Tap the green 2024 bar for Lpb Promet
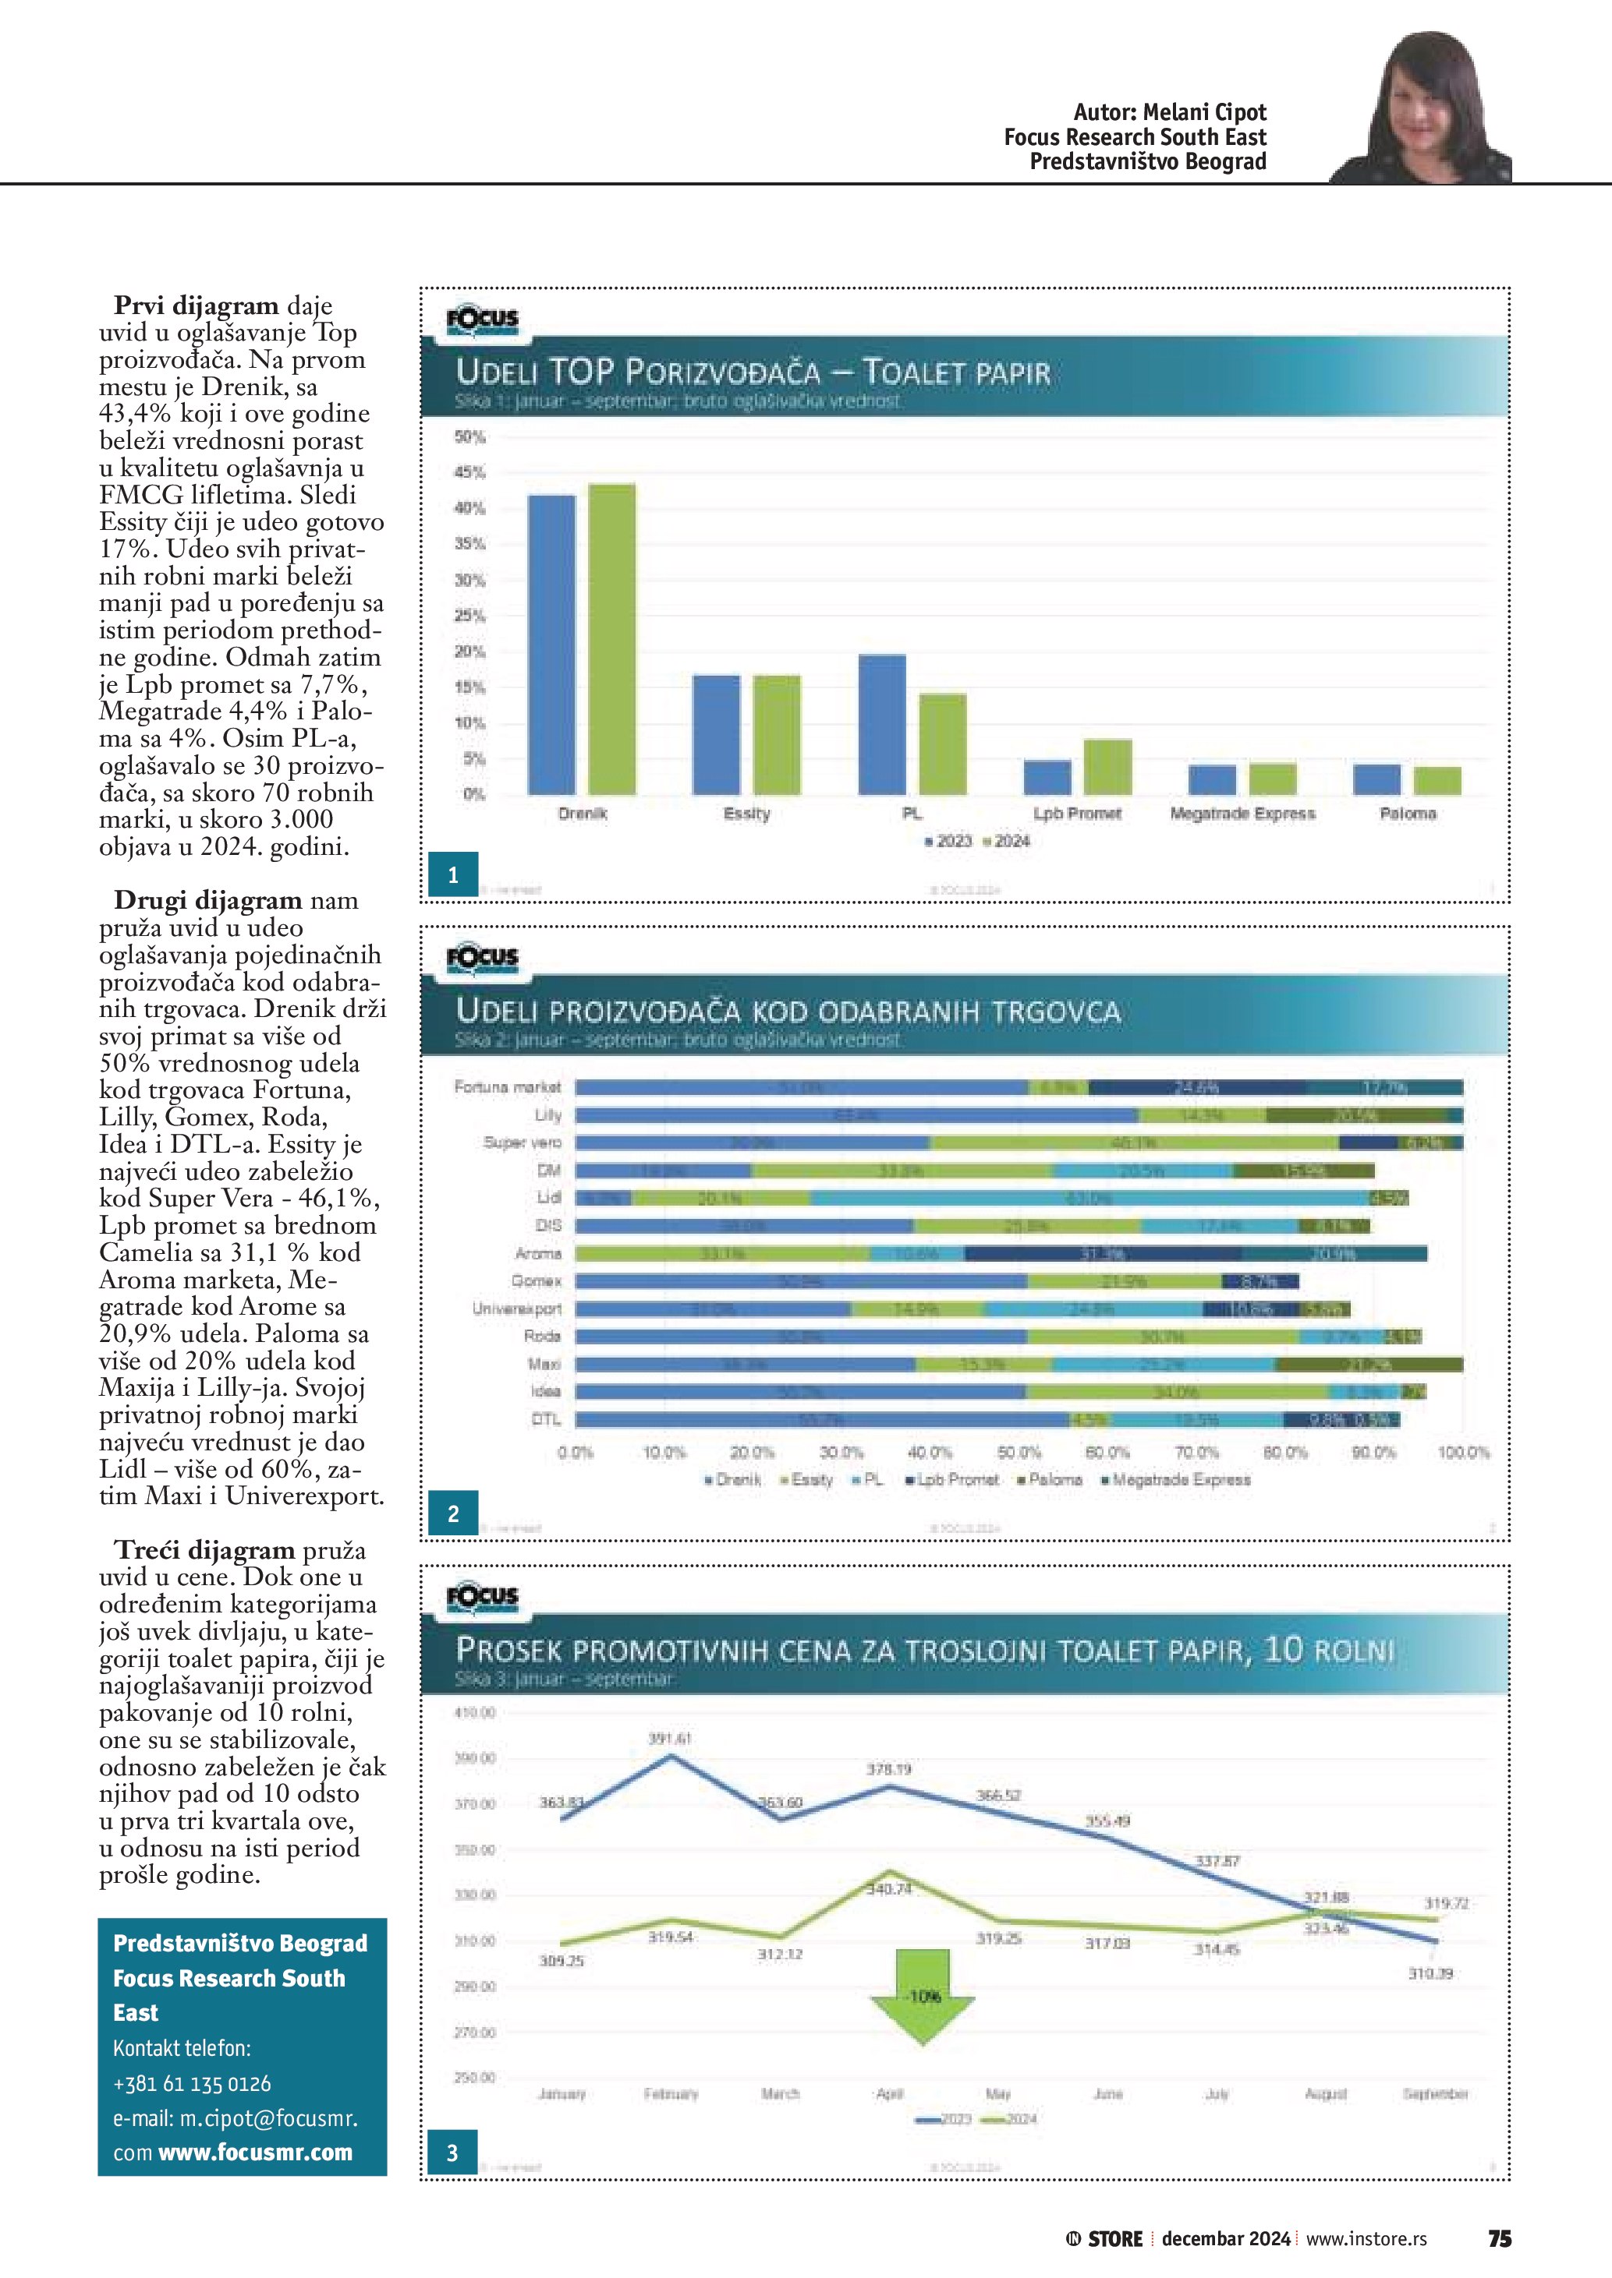click(1107, 767)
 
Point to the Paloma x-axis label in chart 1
click(1407, 814)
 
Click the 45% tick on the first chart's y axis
click(469, 472)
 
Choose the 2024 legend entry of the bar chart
click(1007, 842)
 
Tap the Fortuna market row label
click(507, 1087)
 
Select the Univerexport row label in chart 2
click(516, 1309)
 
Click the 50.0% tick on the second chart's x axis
click(1019, 1453)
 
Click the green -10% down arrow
click(922, 1995)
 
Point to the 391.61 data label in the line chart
click(669, 1738)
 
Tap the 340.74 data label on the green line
click(888, 1889)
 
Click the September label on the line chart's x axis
click(1434, 2094)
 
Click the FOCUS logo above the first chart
click(483, 320)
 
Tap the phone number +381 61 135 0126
click(192, 2082)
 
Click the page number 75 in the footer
click(1499, 2238)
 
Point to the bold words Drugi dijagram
click(207, 901)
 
